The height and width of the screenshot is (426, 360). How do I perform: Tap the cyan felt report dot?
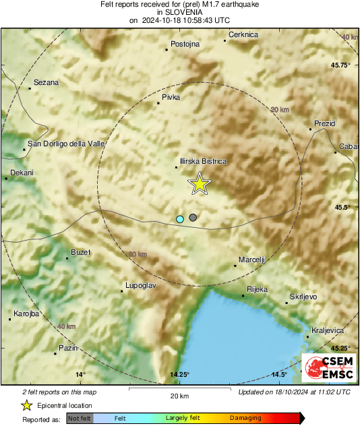click(180, 219)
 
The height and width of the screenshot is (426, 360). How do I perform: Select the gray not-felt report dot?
click(193, 217)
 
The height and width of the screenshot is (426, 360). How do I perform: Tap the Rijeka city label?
click(258, 289)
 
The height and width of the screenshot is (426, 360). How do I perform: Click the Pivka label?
click(172, 98)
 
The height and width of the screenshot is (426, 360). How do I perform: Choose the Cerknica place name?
click(244, 34)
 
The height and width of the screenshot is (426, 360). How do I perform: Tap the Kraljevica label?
click(328, 330)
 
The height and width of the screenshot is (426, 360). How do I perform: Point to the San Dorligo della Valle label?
click(66, 143)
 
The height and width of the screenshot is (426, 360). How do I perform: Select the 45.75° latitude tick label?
click(340, 65)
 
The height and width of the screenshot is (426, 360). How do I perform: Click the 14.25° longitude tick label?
click(179, 375)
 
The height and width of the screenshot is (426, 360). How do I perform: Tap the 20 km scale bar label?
click(179, 396)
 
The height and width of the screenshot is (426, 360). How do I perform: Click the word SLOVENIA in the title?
click(179, 12)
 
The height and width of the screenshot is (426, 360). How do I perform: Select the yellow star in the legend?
click(27, 405)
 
